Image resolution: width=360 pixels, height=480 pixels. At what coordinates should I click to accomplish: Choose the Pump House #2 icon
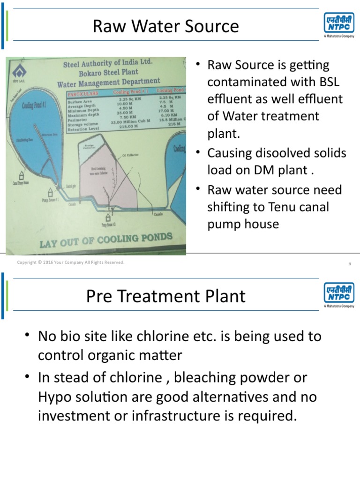point(109,217)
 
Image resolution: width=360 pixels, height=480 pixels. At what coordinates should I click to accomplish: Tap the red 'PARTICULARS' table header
point(84,94)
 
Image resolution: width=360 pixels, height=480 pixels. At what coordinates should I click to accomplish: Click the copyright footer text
point(71,262)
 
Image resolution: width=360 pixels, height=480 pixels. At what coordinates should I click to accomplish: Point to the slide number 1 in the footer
point(350,264)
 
